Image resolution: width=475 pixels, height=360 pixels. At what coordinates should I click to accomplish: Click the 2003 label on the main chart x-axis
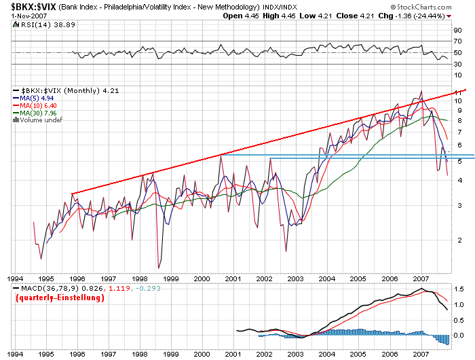pyautogui.click(x=295, y=279)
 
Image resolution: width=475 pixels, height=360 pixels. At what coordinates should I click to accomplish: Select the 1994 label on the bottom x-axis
pyautogui.click(x=16, y=355)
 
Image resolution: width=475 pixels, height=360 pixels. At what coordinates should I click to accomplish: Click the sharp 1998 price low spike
pyautogui.click(x=158, y=268)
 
